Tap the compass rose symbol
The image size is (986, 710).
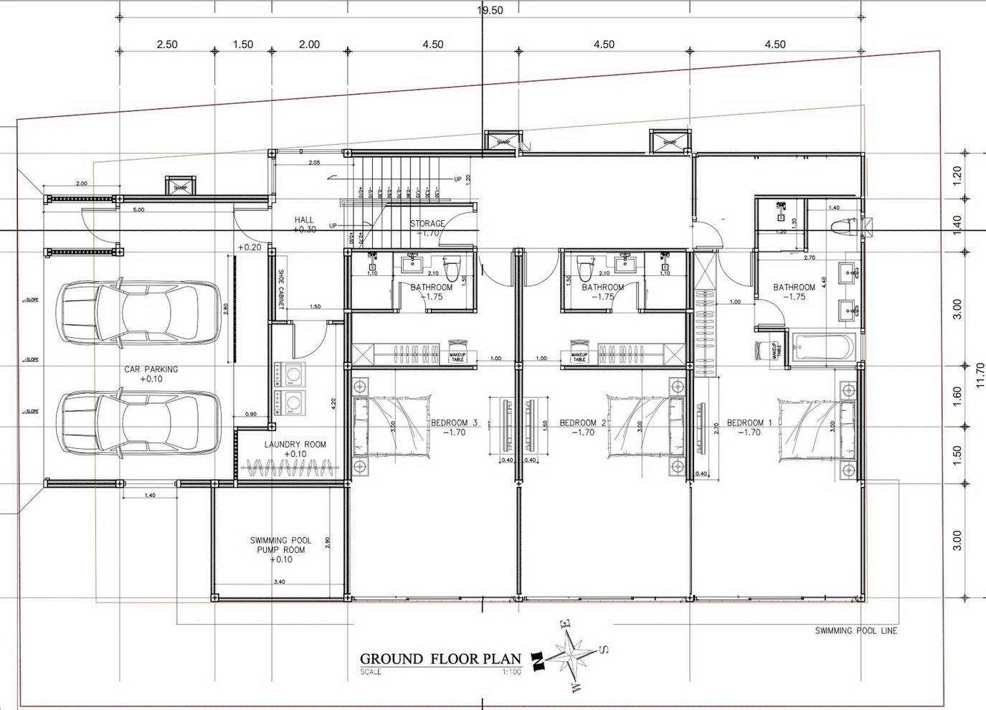point(570,655)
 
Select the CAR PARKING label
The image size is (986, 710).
point(151,369)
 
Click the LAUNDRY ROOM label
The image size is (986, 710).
point(295,445)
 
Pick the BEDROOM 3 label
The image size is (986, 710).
point(454,423)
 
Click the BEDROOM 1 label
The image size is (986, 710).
point(749,423)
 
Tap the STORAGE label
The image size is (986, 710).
point(427,224)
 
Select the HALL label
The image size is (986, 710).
point(304,220)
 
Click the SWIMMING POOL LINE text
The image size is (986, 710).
point(855,631)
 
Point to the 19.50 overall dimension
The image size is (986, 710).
point(490,10)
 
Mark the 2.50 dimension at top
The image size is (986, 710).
point(167,44)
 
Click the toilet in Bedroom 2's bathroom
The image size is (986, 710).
point(584,270)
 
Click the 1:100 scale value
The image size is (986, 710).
point(511,673)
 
